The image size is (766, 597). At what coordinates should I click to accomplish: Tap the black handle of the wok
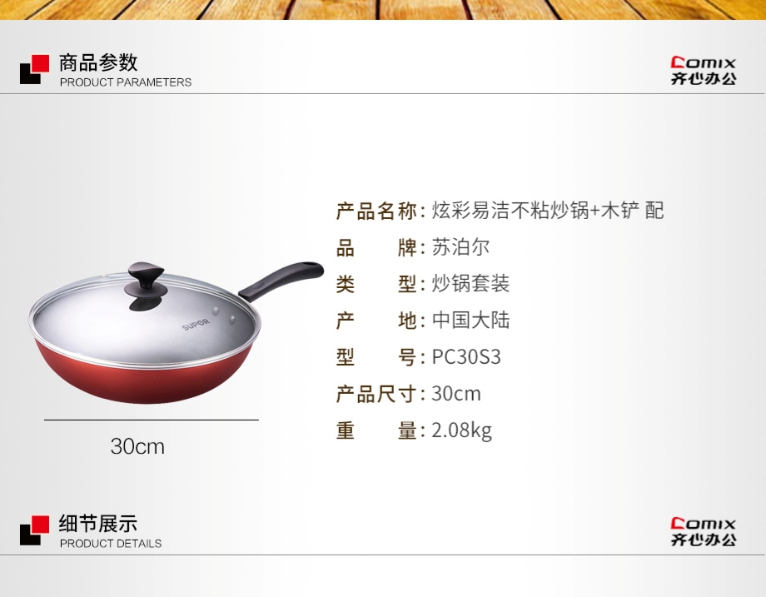coord(281,281)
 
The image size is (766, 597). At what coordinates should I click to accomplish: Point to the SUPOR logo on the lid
coord(196,325)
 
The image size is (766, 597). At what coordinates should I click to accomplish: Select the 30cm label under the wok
coord(137,446)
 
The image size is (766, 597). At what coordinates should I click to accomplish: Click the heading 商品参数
coord(98,62)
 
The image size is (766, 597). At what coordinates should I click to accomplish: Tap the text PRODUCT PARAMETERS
coord(126,82)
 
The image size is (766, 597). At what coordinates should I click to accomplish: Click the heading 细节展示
coord(98,523)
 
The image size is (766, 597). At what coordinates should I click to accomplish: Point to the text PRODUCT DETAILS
coord(111,543)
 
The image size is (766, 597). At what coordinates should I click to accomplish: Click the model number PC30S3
coord(466,357)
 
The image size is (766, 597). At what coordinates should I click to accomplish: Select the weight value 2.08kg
coord(461,431)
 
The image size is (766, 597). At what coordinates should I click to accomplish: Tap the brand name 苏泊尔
coord(460,247)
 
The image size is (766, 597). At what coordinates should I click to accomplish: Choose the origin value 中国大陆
coord(471,321)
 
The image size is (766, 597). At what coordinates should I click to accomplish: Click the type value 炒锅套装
coord(471,284)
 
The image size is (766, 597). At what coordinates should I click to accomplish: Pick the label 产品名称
coord(376,211)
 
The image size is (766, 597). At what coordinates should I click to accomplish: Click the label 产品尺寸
coord(376,394)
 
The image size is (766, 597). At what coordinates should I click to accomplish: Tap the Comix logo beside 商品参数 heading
coord(703,71)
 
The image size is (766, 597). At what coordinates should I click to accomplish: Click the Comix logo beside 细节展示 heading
coord(703,532)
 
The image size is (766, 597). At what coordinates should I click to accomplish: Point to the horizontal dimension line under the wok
coord(152,420)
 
